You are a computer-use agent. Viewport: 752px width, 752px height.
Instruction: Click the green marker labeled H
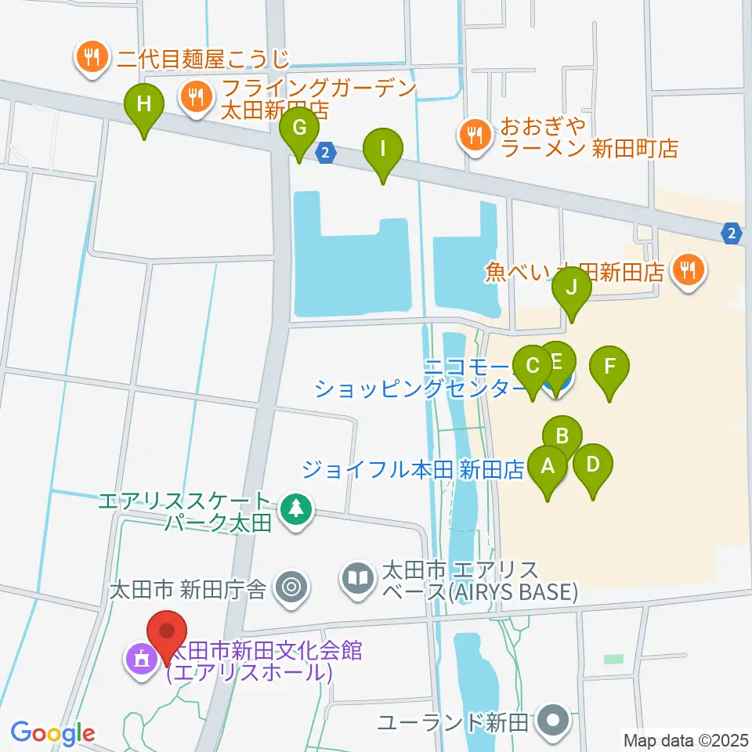click(144, 105)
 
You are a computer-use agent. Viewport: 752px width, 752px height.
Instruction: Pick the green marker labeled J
click(573, 287)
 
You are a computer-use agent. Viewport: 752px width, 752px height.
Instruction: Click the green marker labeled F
click(609, 367)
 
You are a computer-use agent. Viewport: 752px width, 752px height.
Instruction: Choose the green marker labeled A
click(548, 468)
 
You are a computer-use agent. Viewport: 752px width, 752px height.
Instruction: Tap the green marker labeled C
click(533, 367)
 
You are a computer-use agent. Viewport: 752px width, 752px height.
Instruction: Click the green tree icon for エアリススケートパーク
click(295, 510)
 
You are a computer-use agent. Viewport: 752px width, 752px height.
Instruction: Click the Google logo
click(52, 733)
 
